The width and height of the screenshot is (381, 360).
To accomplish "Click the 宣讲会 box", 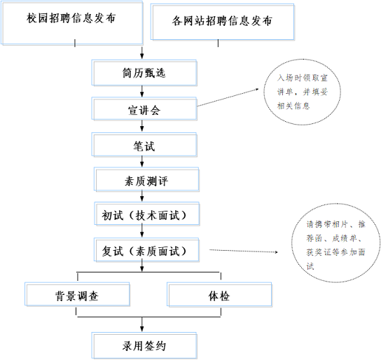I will coord(143,110).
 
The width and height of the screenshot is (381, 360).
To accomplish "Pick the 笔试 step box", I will coord(143,146).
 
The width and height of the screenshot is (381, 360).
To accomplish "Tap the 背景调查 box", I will coord(77,295).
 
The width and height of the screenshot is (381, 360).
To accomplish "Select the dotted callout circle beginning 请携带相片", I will coord(334,245).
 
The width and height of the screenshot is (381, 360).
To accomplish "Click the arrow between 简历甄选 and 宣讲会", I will coord(143,92).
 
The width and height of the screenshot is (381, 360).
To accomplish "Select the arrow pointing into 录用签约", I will coord(143,325).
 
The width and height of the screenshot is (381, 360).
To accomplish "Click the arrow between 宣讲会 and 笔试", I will coord(143,127).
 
